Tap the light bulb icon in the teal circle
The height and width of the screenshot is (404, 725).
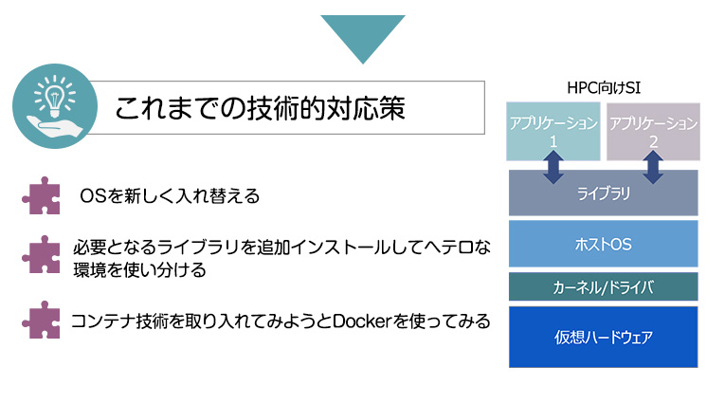click(55, 96)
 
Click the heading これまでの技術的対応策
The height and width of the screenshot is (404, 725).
click(261, 108)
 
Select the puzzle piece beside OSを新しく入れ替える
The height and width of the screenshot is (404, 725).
click(42, 195)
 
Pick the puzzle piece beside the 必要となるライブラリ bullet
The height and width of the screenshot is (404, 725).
click(42, 254)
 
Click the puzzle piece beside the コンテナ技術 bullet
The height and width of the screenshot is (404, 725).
click(42, 320)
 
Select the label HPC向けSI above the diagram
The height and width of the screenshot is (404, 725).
click(604, 87)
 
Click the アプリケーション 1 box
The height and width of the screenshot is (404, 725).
click(553, 132)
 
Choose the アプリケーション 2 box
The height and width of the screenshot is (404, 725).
click(653, 132)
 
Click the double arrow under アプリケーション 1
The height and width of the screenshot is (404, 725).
click(553, 167)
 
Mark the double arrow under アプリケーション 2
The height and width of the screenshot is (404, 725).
click(653, 167)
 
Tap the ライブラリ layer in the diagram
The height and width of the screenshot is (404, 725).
click(604, 193)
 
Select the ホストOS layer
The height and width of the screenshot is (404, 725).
click(604, 244)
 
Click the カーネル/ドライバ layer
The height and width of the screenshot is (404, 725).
click(604, 287)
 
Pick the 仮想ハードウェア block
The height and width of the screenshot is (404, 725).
click(604, 337)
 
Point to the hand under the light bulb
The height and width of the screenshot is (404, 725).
click(55, 126)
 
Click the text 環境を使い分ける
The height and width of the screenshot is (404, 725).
click(139, 270)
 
